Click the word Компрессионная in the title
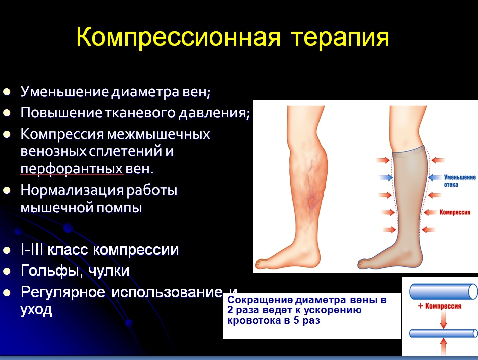178,37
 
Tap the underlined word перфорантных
72,169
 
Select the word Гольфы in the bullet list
50,271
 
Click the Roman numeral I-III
32,250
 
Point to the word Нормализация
72,190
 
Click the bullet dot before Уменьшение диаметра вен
7,92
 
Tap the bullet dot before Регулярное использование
7,293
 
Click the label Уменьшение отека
460,181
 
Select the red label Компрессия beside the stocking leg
455,212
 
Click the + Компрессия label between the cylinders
439,306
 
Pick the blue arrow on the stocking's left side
386,177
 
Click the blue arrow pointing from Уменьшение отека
435,177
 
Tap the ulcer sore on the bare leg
311,201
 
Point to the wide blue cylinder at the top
443,292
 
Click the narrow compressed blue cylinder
443,333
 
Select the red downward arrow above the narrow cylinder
443,320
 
